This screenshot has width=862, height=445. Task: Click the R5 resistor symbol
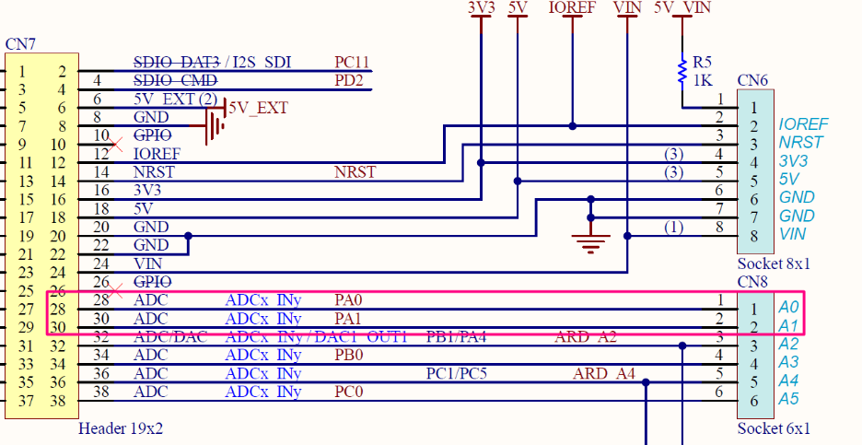click(682, 71)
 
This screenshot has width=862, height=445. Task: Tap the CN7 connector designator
click(21, 44)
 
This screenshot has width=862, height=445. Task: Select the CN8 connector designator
click(752, 280)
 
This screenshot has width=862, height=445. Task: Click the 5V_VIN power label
click(681, 7)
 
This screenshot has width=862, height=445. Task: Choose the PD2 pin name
click(348, 81)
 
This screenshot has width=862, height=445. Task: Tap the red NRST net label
click(355, 171)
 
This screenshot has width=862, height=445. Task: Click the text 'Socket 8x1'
click(774, 263)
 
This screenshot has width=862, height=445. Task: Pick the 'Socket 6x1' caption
click(774, 428)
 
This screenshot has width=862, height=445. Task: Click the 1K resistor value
click(703, 80)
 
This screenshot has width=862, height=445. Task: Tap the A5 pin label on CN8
click(788, 399)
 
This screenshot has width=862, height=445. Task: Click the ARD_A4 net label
click(603, 373)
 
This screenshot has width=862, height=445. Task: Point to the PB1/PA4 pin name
click(456, 336)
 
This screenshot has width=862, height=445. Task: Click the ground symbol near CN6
click(590, 241)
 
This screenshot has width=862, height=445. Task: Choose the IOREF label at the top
click(572, 7)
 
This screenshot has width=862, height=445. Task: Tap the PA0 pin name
click(349, 299)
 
